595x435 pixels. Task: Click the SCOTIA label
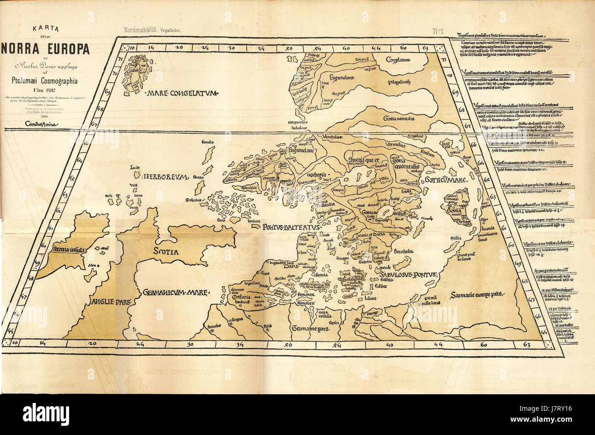pyautogui.click(x=166, y=251)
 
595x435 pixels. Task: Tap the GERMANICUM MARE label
pyautogui.click(x=175, y=292)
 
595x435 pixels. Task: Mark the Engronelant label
pyautogui.click(x=338, y=78)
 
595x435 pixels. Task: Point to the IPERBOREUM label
pyautogui.click(x=165, y=176)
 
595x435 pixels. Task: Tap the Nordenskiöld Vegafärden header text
pyautogui.click(x=153, y=30)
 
